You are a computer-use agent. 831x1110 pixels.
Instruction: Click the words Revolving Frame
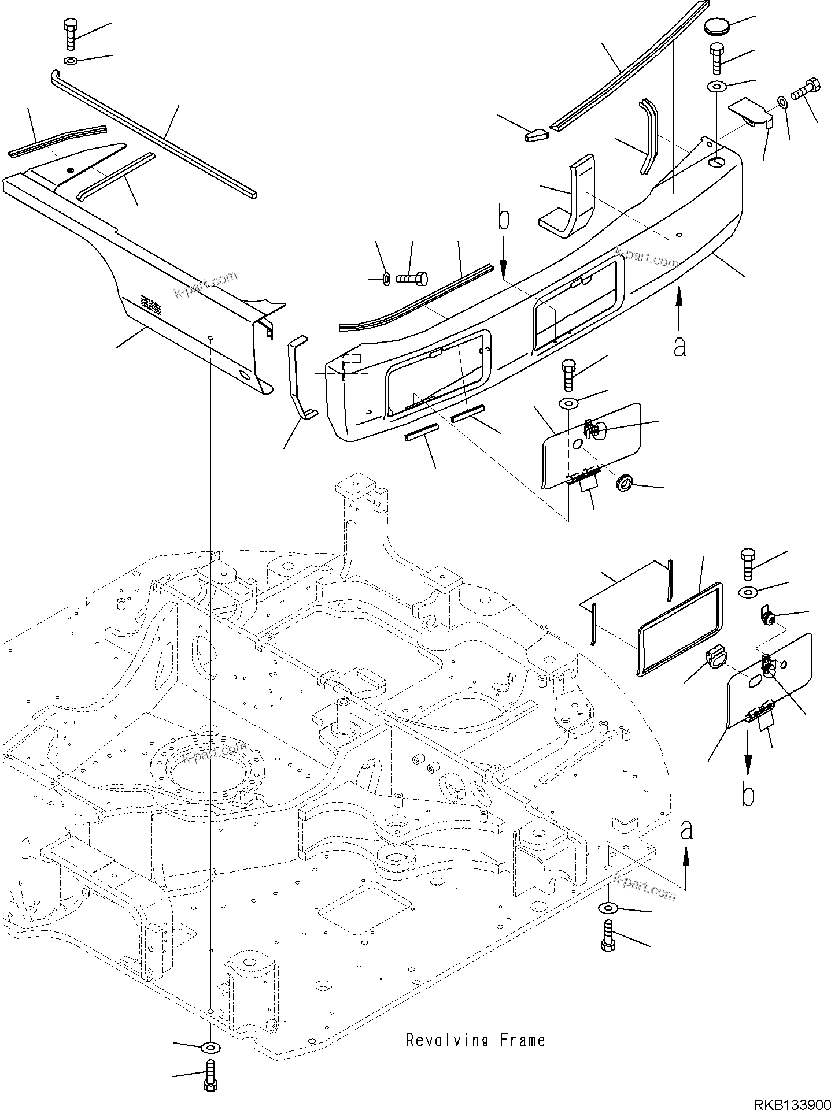point(475,1040)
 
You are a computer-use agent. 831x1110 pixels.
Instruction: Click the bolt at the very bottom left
point(210,1078)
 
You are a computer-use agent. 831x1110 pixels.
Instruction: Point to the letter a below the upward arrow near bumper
point(679,347)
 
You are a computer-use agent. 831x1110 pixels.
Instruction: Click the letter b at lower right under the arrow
point(748,796)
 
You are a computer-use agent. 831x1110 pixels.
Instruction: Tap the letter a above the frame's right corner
point(686,831)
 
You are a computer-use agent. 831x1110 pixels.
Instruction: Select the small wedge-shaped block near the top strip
point(537,135)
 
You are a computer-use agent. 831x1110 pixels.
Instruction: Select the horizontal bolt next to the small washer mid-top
point(412,279)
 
